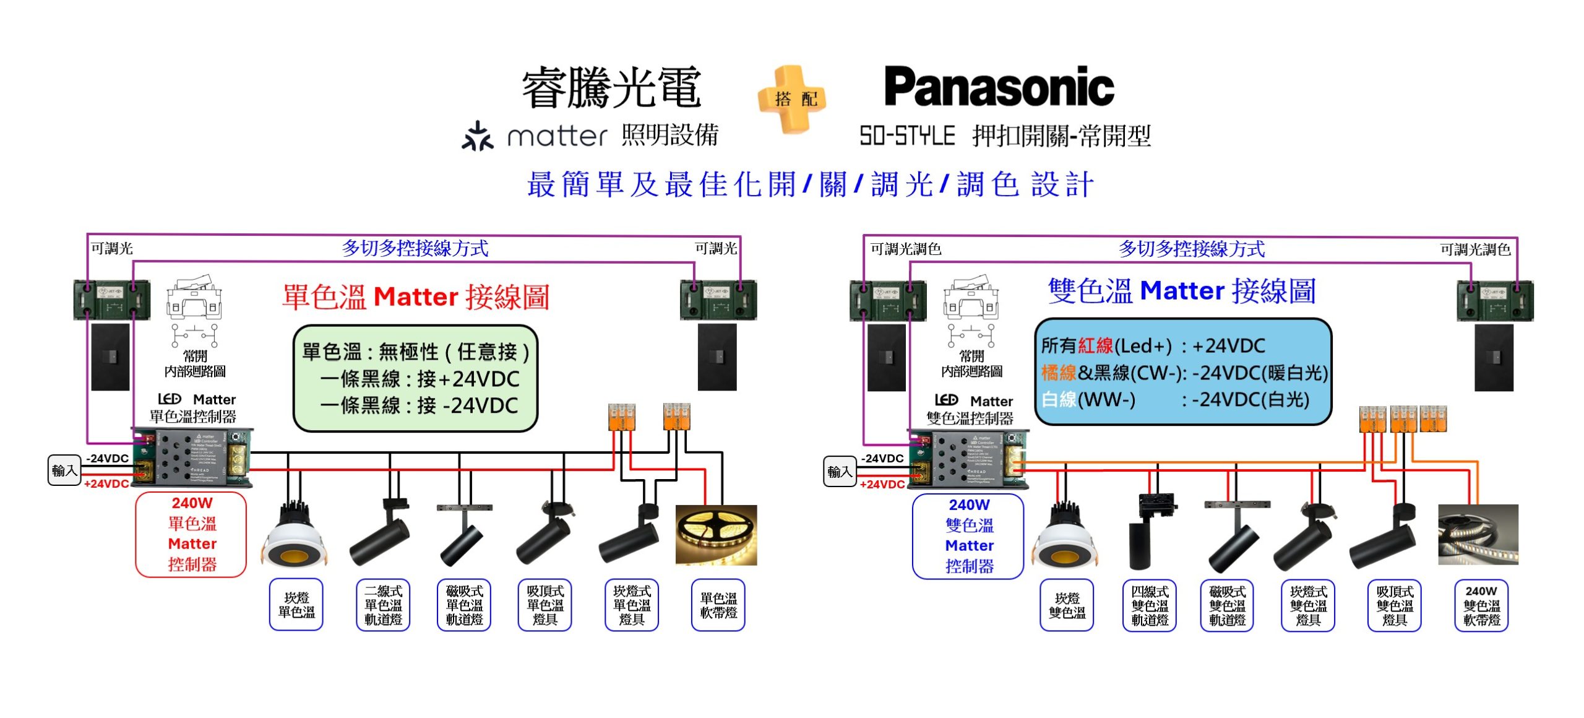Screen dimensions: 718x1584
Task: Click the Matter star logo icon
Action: [x=477, y=136]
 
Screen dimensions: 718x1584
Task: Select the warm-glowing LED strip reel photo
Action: [x=716, y=535]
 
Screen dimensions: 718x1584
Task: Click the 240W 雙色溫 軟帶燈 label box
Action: [x=1481, y=605]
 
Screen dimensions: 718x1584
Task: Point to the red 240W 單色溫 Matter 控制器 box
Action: [x=191, y=534]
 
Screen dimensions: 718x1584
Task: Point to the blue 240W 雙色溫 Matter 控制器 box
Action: [x=968, y=536]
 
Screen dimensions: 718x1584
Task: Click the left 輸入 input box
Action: [x=64, y=470]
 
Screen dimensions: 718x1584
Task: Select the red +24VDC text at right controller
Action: [x=882, y=484]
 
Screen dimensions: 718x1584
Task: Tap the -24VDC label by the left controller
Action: [x=107, y=458]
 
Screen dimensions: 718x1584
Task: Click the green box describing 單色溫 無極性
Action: [x=415, y=378]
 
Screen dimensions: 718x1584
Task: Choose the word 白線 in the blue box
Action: [x=1059, y=399]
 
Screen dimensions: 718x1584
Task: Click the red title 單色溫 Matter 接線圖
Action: [x=416, y=296]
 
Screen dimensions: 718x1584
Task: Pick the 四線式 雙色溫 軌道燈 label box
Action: [x=1150, y=605]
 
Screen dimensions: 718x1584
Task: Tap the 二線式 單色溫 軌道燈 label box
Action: [x=383, y=605]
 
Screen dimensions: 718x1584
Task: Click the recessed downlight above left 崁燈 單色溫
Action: [x=295, y=535]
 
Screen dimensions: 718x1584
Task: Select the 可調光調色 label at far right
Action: [x=1475, y=249]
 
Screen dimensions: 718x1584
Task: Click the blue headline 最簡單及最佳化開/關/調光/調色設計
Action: [x=811, y=184]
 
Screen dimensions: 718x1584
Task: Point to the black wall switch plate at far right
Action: [x=1494, y=357]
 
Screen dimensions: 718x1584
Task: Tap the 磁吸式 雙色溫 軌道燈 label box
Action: [x=1227, y=605]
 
